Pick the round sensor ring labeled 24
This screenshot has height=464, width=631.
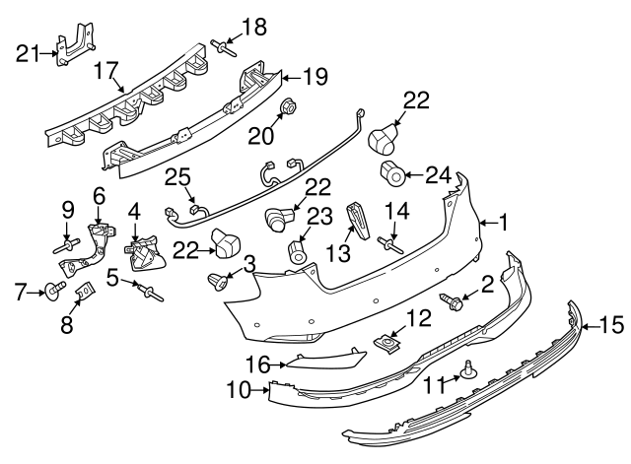(x=392, y=176)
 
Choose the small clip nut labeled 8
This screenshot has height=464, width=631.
(x=86, y=293)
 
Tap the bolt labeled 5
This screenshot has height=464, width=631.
(x=151, y=289)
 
